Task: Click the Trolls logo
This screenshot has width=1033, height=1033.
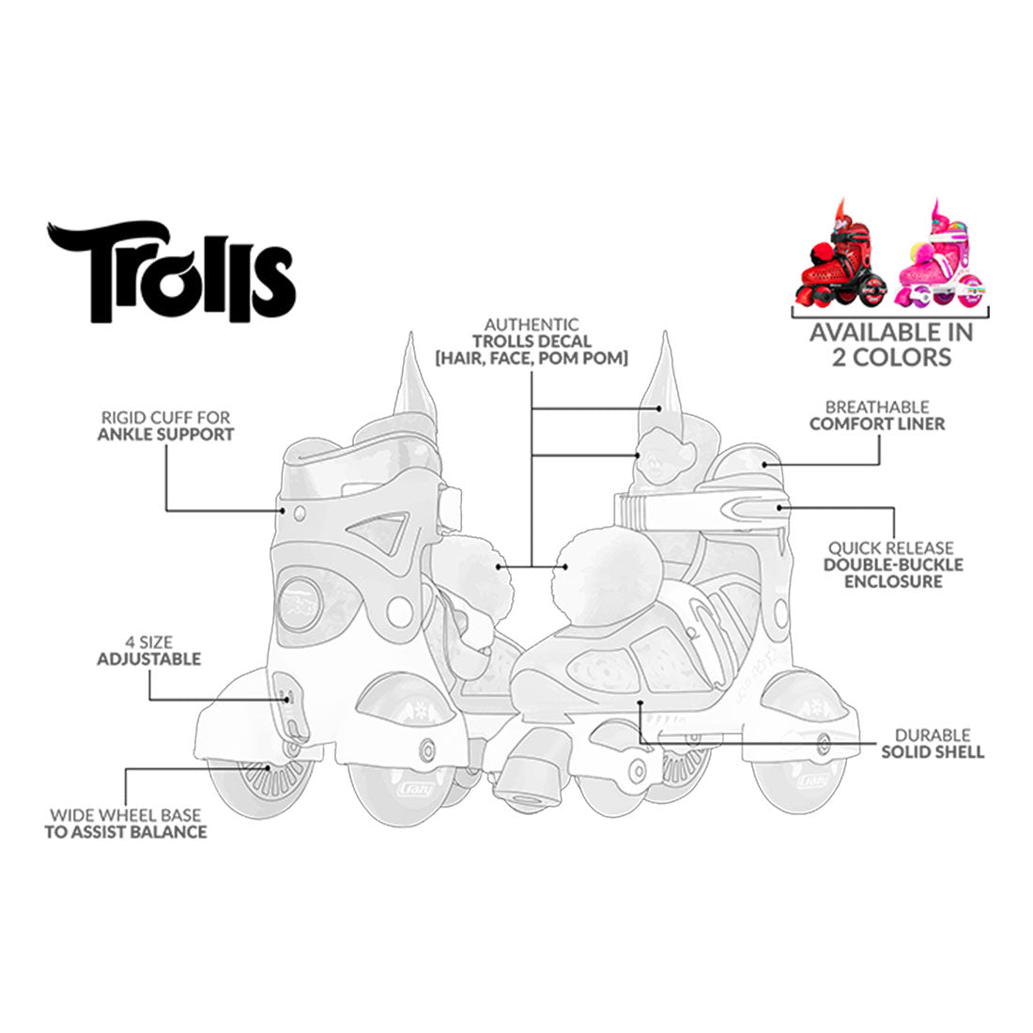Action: (171, 271)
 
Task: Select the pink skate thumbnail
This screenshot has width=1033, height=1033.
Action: (940, 257)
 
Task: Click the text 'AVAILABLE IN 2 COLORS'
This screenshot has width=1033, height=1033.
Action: (891, 345)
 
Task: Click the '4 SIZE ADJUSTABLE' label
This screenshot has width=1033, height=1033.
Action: (149, 651)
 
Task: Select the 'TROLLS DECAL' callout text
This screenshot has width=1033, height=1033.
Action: (531, 342)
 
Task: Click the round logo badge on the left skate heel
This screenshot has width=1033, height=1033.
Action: (299, 603)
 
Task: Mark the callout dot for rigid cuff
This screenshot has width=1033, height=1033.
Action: (283, 510)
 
